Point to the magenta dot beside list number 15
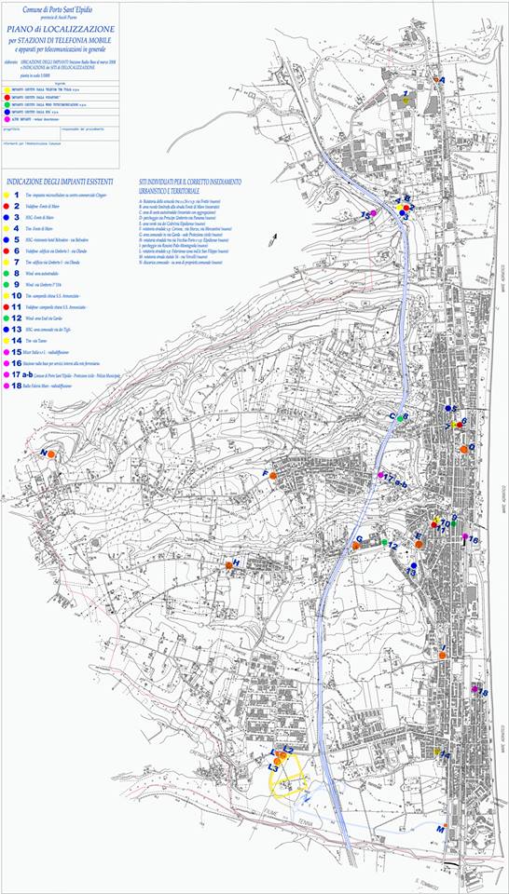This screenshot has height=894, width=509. (7, 352)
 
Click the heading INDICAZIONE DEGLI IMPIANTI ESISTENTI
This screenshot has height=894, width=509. (53, 180)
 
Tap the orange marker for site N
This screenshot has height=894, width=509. (51, 454)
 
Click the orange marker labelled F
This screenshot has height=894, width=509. (273, 476)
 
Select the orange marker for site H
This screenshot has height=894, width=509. (228, 565)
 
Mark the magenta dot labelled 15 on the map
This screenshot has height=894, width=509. (373, 215)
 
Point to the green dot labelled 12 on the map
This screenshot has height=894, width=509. (384, 542)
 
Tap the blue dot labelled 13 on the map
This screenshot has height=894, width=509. (412, 565)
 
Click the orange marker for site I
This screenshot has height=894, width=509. (443, 656)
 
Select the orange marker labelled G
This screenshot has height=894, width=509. (355, 547)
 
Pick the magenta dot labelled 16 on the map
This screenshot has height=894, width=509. (464, 537)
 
